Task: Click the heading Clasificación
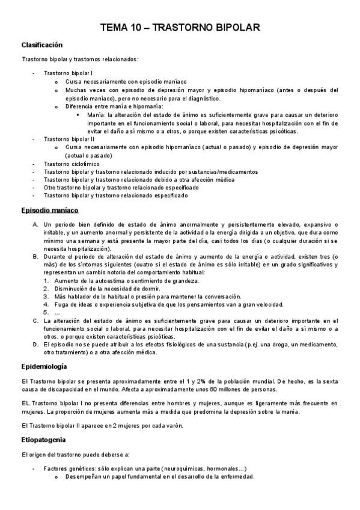(x=42, y=45)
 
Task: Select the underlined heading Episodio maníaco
(x=50, y=210)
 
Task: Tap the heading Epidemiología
(x=44, y=366)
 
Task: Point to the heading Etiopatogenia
(x=43, y=440)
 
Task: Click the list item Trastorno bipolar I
(x=67, y=73)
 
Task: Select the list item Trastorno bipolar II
(x=69, y=139)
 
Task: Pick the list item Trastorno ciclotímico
(x=72, y=164)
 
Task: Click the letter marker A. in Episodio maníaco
(x=35, y=224)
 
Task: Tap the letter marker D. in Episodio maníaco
(x=35, y=345)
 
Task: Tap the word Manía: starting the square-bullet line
(x=96, y=114)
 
